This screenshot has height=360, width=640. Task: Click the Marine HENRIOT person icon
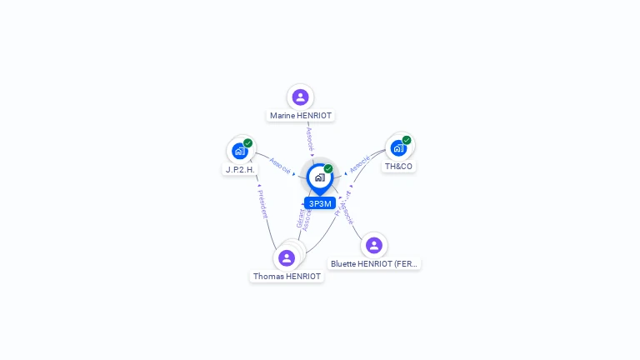pyautogui.click(x=300, y=97)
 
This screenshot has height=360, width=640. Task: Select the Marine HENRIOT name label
pyautogui.click(x=301, y=116)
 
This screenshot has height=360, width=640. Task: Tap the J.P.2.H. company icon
pyautogui.click(x=240, y=151)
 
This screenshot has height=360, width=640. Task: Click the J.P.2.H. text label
pyautogui.click(x=240, y=169)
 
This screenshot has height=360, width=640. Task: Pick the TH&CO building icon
pyautogui.click(x=398, y=148)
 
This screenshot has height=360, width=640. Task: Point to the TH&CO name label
pyautogui.click(x=398, y=167)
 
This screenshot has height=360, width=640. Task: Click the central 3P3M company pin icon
pyautogui.click(x=319, y=177)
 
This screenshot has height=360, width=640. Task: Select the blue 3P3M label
pyautogui.click(x=320, y=203)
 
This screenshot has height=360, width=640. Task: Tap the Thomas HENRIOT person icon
pyautogui.click(x=287, y=257)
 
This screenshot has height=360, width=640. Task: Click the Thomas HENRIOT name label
pyautogui.click(x=287, y=277)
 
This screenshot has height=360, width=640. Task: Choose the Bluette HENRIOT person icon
pyautogui.click(x=373, y=245)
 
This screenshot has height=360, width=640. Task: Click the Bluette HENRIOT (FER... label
pyautogui.click(x=374, y=263)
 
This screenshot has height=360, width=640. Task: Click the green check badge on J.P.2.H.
pyautogui.click(x=248, y=142)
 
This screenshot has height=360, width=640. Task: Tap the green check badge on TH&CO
pyautogui.click(x=407, y=140)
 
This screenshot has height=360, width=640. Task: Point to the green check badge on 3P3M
pyautogui.click(x=328, y=169)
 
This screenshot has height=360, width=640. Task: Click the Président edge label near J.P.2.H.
pyautogui.click(x=262, y=203)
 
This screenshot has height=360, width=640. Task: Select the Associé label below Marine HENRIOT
pyautogui.click(x=310, y=138)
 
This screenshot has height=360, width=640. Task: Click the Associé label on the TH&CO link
pyautogui.click(x=359, y=163)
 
